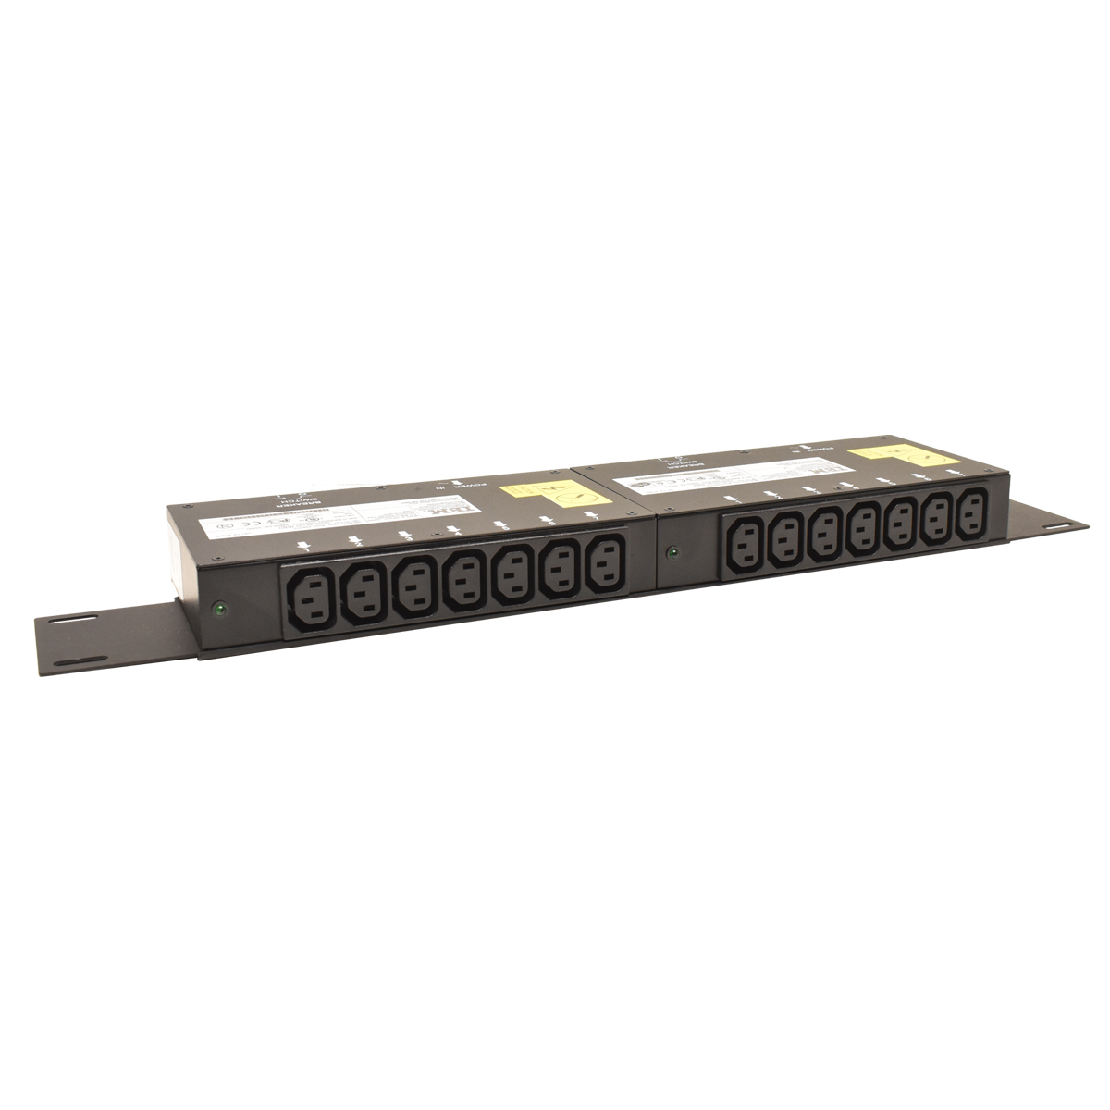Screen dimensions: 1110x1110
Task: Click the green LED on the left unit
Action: click(x=219, y=609)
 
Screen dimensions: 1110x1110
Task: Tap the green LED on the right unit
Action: click(x=672, y=555)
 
